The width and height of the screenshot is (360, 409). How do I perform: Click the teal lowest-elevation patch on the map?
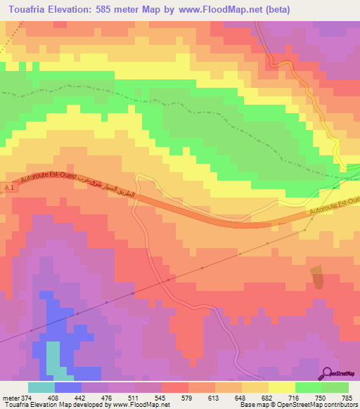pos(53,358)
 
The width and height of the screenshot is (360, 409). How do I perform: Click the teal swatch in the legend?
pos(41,387)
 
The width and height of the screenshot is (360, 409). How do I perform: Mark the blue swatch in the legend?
pos(68,387)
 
